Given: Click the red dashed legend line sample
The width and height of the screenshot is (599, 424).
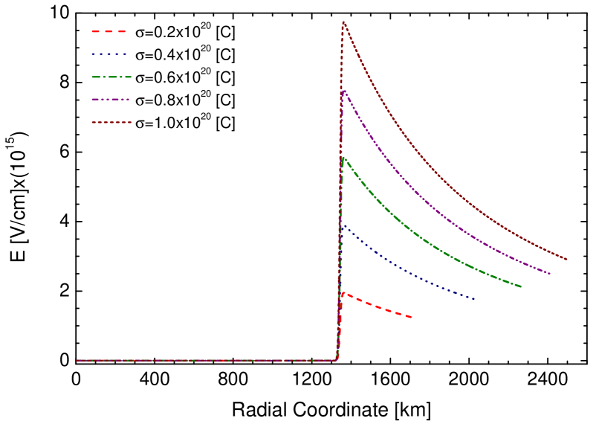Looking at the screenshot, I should pos(109,32).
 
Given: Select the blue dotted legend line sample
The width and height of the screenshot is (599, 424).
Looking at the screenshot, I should pos(109,54).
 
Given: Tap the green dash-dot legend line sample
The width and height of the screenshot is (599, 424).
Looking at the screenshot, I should pos(111,77).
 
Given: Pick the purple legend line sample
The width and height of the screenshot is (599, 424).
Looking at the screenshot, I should pos(111,99).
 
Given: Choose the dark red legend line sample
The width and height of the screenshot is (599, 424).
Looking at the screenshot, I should pos(111,122).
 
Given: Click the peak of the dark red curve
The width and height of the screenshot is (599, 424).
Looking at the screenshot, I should pos(343,22).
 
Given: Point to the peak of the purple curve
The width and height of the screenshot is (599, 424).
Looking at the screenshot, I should pos(343,90).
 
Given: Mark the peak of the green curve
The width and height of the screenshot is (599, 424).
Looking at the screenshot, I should pos(343,157).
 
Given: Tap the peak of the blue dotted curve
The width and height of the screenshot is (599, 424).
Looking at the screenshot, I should pos(343,225).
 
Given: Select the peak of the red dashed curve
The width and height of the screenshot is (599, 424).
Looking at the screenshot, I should pos(343,292).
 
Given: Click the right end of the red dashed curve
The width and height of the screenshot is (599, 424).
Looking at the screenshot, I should pos(412,318).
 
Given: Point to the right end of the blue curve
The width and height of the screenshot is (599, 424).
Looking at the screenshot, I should pos(475,300).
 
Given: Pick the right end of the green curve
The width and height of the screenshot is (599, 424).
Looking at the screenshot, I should pos(521,286).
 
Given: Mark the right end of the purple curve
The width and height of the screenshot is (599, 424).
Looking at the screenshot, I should pos(551,274).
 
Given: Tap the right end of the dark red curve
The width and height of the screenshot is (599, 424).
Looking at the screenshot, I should pos(567,260).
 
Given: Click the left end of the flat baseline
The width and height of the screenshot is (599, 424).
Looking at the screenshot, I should pos(77,360).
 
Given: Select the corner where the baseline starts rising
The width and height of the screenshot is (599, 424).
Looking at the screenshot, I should pos(337,360).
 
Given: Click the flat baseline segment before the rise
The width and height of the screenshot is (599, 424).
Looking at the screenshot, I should pos(208,360).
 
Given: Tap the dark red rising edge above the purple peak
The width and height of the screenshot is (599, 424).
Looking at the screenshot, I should pos(341,60).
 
